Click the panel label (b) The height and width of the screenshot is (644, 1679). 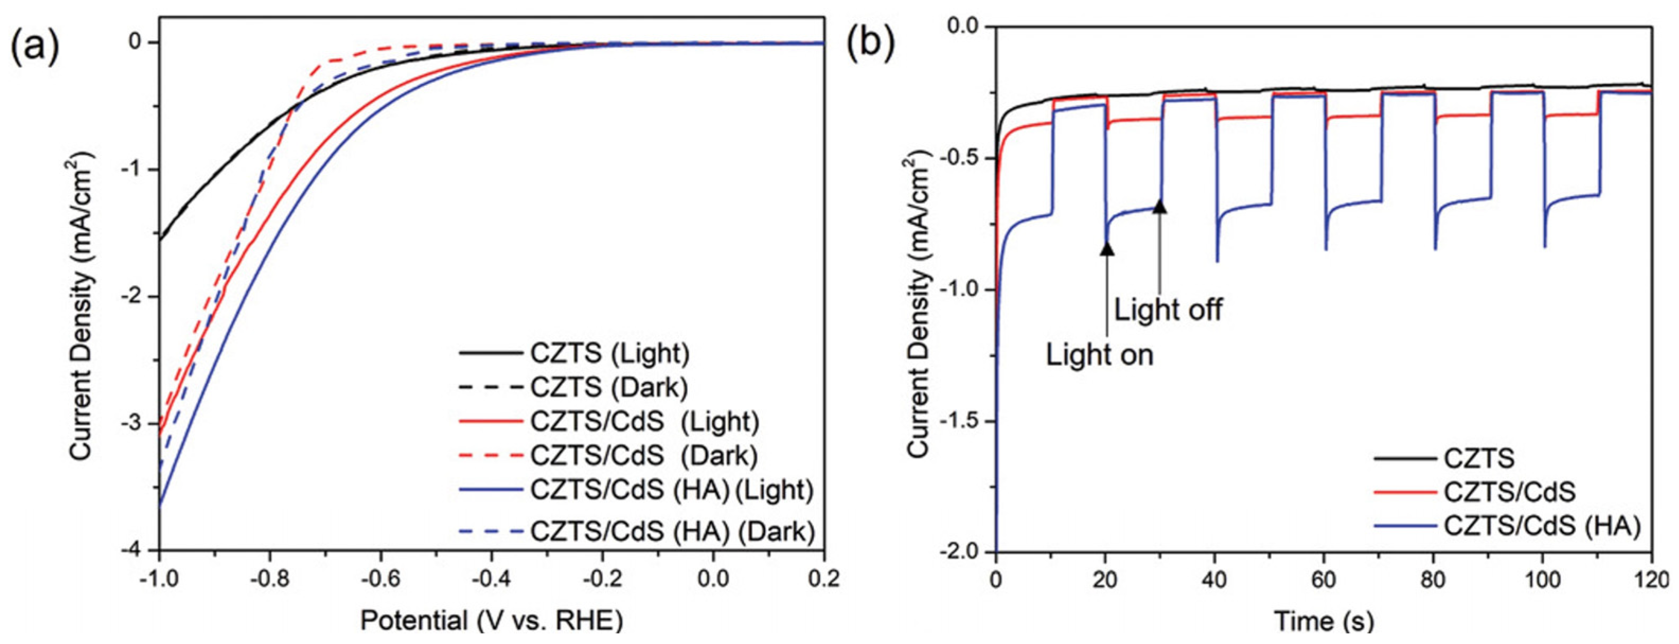pos(870,45)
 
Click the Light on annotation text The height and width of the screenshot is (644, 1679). pos(1100,355)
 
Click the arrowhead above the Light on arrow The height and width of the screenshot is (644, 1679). pos(1107,248)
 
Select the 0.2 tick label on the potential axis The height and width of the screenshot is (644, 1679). pos(824,579)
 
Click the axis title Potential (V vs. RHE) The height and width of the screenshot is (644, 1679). pos(491,620)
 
